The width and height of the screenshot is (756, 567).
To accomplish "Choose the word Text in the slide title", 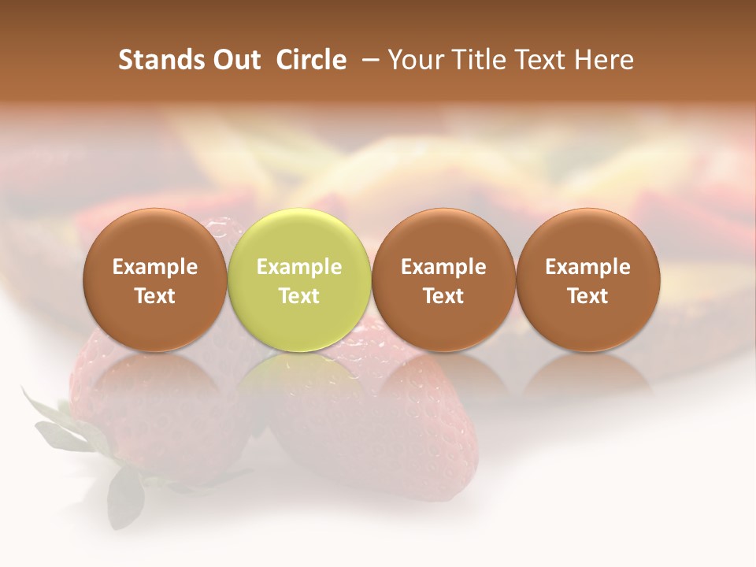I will coord(543,60).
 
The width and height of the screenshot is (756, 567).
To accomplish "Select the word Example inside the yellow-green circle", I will coord(298,267).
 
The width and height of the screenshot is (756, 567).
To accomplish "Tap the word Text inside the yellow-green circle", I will coord(298,296).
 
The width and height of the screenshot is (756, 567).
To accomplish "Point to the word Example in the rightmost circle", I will coord(587,267).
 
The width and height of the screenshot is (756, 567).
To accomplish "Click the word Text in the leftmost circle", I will coord(154,296).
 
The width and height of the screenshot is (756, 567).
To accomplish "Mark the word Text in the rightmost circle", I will coord(587,296).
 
